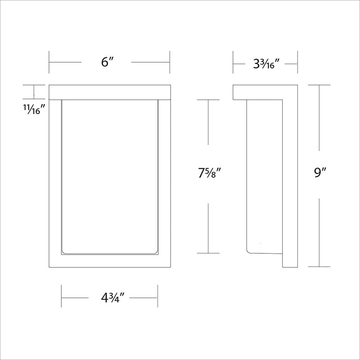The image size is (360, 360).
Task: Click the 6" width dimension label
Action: tap(108, 62)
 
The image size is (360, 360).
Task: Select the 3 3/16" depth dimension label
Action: tap(266, 64)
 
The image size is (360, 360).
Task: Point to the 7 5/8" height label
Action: tap(209, 173)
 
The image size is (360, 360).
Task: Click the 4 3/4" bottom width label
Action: tap(112, 298)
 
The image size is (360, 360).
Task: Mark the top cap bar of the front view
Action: tap(110, 92)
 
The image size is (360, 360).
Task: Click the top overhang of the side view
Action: tap(257, 92)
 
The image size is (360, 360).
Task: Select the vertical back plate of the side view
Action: tap(290, 176)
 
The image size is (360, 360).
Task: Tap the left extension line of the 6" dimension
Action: tap(49, 62)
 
